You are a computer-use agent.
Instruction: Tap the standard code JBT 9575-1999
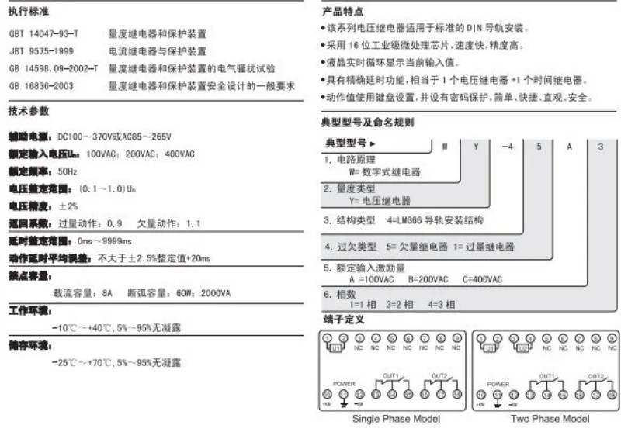point(41,51)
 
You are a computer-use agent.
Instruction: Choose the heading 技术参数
point(29,111)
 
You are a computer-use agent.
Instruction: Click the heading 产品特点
point(341,13)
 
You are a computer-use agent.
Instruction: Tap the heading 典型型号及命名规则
point(367,122)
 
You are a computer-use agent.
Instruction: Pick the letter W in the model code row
point(442,145)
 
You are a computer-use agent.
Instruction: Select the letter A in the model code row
point(569,145)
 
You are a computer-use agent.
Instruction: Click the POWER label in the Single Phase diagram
point(343,384)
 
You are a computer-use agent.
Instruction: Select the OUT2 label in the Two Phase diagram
point(596,376)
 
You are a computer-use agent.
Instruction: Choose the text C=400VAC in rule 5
point(482,279)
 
